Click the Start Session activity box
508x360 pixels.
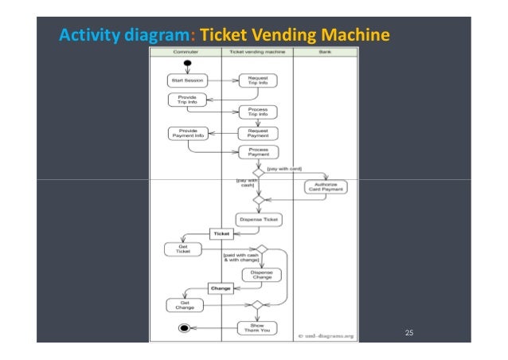[x=186, y=80]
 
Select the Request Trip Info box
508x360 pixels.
[x=257, y=80]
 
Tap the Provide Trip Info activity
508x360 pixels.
[x=186, y=100]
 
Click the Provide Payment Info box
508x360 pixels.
[x=188, y=133]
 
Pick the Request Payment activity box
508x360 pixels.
[x=257, y=133]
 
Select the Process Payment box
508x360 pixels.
[x=257, y=151]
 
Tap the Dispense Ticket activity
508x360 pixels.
[x=258, y=219]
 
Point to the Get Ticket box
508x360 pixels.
[x=183, y=249]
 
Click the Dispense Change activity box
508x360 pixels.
[x=261, y=274]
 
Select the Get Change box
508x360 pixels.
[x=184, y=304]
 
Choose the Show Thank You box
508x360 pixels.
[x=257, y=327]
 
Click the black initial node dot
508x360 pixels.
[x=187, y=63]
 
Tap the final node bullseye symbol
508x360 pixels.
[x=185, y=327]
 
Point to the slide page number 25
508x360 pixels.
[x=409, y=332]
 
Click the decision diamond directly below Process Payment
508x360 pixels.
[x=258, y=171]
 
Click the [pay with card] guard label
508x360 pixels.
[x=284, y=169]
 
